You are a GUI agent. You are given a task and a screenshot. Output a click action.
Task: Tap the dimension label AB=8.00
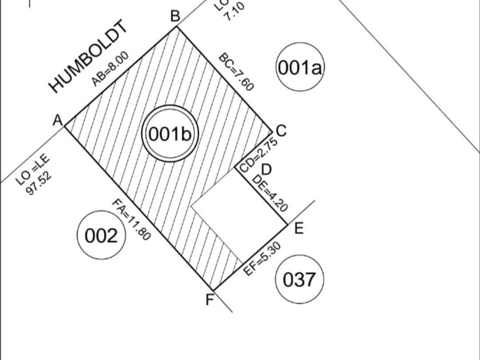click(111, 69)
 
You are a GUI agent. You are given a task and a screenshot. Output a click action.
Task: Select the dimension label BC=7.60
click(236, 73)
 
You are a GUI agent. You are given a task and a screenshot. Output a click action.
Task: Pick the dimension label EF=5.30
click(262, 259)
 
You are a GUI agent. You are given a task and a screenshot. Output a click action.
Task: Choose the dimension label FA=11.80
click(131, 219)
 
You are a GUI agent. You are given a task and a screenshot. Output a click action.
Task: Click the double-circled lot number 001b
click(170, 134)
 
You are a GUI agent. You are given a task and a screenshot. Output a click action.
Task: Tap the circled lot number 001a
click(300, 68)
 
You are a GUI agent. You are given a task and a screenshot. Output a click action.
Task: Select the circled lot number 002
click(101, 235)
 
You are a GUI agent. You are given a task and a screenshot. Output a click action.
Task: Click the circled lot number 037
click(299, 279)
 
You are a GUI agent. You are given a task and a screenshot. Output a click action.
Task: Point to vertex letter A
click(57, 121)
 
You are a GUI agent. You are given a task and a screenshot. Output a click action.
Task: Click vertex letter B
click(175, 16)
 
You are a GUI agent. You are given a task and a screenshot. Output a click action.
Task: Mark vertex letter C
click(281, 131)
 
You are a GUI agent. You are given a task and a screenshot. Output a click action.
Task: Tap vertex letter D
click(266, 170)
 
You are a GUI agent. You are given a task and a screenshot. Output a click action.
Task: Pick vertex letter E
click(298, 229)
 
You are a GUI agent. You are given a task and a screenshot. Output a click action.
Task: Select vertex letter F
click(210, 299)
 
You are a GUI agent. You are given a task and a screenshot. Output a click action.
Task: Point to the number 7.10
click(234, 11)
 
